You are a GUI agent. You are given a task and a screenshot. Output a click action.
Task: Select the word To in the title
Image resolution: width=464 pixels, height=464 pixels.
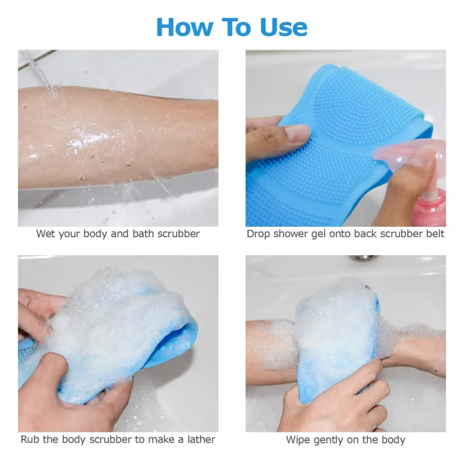[x=236, y=27]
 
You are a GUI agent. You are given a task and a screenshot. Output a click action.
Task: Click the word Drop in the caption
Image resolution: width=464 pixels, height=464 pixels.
[x=258, y=234]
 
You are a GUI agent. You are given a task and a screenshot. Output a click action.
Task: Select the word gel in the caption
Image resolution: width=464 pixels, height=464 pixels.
[x=319, y=234]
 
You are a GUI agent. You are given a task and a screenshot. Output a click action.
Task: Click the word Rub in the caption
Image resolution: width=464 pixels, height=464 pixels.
[x=30, y=440]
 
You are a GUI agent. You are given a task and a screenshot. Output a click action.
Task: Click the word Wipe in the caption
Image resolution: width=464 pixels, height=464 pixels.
[x=298, y=440]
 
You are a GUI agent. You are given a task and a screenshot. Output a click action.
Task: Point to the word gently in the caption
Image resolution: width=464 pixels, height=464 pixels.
[x=331, y=440]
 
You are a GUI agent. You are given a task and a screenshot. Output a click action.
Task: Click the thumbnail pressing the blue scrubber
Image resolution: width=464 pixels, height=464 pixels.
[x=296, y=133]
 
